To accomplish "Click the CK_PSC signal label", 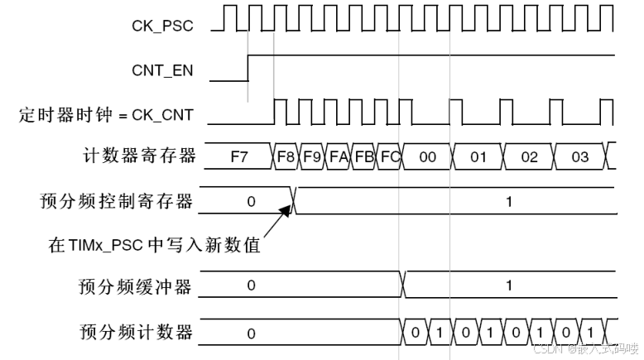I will (162, 26).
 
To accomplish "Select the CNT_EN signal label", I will (162, 70).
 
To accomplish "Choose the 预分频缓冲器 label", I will (136, 286).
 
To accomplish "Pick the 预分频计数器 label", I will (136, 332).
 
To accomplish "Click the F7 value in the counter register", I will (238, 156).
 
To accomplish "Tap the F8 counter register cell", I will (286, 156).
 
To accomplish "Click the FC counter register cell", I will (389, 156).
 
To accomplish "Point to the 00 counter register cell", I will (427, 156).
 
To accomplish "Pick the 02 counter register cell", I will (529, 156).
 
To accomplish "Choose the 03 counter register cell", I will (579, 156).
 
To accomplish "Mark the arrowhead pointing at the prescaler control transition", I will (286, 210).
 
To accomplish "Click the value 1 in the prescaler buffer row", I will (509, 286).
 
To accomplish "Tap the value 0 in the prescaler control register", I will (252, 200).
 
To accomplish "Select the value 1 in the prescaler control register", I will (509, 200).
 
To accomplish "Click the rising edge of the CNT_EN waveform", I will (248, 68).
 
